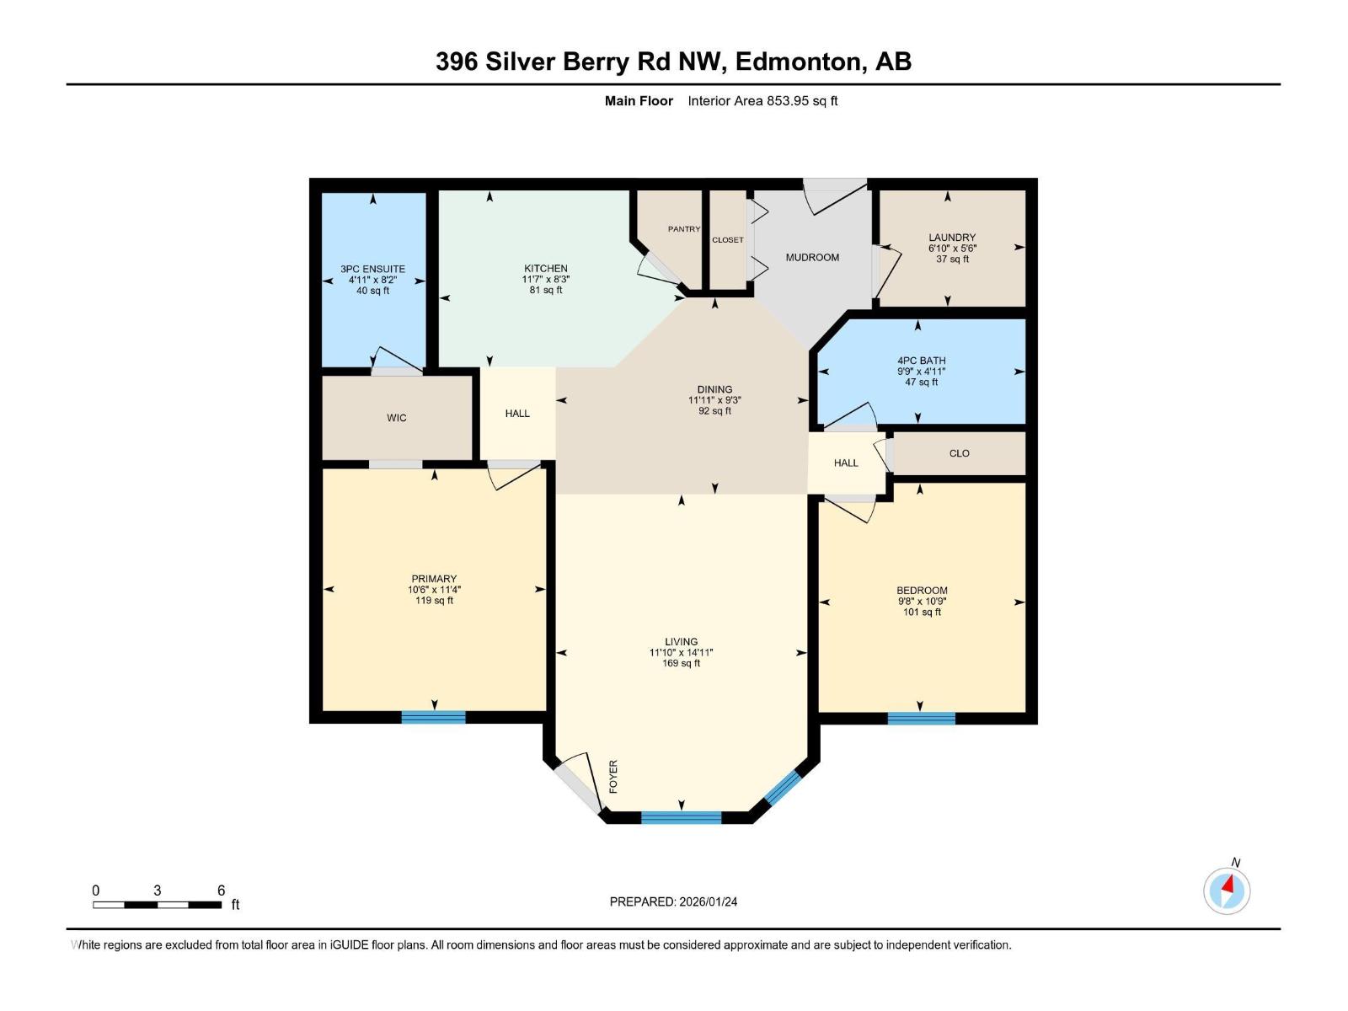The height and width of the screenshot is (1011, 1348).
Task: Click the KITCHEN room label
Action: click(545, 268)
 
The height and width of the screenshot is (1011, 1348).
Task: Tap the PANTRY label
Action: click(683, 229)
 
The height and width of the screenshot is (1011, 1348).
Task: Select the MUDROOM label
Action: click(812, 257)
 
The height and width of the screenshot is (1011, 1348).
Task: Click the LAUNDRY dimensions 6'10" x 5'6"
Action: click(952, 249)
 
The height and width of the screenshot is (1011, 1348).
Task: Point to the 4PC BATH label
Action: click(921, 361)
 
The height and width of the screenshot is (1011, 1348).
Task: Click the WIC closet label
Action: click(396, 418)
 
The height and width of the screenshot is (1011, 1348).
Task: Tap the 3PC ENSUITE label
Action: click(372, 269)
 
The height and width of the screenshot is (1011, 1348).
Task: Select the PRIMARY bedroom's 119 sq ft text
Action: click(434, 601)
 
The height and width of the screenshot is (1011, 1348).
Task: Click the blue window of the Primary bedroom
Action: click(433, 717)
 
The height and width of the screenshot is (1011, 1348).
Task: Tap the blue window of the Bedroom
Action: click(921, 718)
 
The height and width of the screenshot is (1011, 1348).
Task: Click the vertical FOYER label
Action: click(613, 776)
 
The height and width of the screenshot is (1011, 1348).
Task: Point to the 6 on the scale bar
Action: click(222, 891)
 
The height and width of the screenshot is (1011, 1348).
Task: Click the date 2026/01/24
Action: click(707, 901)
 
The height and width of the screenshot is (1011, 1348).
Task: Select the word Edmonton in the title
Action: click(800, 62)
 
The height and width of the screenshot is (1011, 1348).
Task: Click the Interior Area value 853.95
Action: click(787, 101)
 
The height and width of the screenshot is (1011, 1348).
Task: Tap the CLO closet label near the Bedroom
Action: click(959, 453)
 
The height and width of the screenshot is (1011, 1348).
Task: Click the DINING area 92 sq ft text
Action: click(714, 411)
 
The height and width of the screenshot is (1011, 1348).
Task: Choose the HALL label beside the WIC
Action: click(517, 414)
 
